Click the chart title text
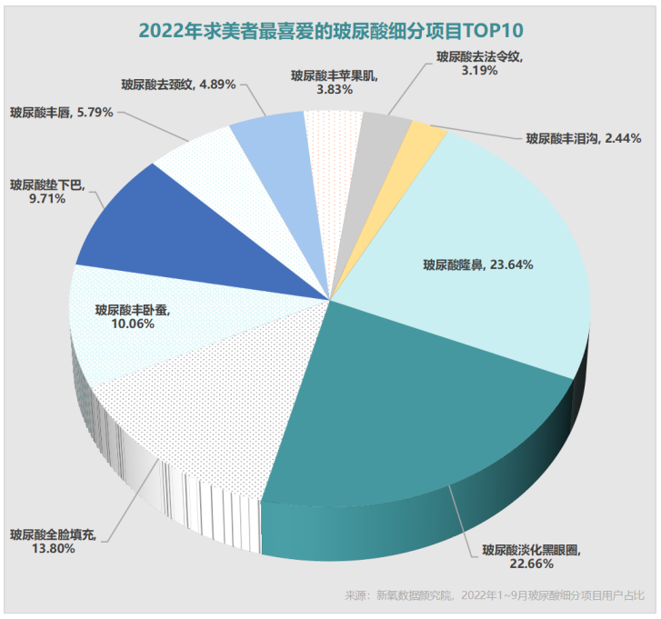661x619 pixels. tap(331, 29)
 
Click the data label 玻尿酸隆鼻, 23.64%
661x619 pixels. tap(477, 265)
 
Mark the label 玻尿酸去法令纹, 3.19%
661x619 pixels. tap(478, 63)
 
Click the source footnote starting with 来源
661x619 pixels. tap(495, 596)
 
